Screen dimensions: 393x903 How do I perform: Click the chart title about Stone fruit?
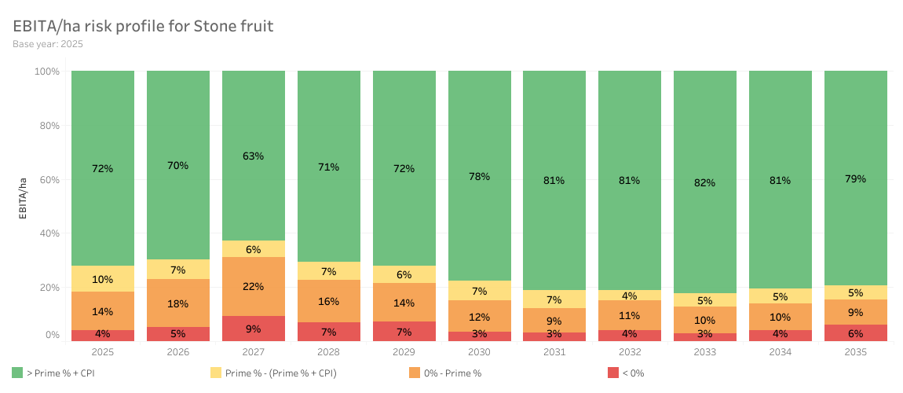click(x=143, y=26)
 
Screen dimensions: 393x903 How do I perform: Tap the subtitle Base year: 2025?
click(x=48, y=44)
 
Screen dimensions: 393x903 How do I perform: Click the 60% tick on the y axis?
click(x=48, y=179)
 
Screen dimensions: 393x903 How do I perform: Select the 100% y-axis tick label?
click(x=46, y=72)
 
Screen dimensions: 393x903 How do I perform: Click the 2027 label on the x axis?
click(x=253, y=352)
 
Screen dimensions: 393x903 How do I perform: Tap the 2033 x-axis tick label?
click(x=704, y=352)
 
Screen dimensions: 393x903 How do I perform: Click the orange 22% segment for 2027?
click(x=253, y=286)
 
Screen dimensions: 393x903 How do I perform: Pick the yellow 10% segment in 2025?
click(x=102, y=279)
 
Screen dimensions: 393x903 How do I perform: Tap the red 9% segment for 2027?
click(x=253, y=329)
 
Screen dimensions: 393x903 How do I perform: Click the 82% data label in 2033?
click(x=704, y=183)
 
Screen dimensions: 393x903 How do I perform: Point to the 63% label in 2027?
click(x=253, y=156)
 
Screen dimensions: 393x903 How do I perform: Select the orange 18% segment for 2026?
click(x=177, y=303)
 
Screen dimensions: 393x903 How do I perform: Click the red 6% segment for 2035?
click(x=855, y=332)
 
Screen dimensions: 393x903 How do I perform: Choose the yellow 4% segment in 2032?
click(x=629, y=296)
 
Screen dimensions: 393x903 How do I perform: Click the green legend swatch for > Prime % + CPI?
click(x=17, y=373)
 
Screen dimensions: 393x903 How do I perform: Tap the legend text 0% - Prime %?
click(x=453, y=373)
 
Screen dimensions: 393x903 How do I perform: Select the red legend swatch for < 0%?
click(x=613, y=373)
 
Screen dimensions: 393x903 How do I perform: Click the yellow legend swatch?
click(x=215, y=373)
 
